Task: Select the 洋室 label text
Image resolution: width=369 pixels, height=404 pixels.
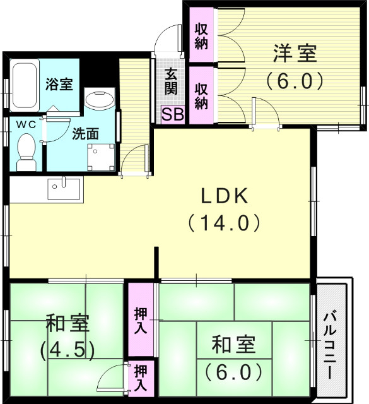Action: (295, 54)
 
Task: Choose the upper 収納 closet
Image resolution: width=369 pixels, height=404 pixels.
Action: (201, 36)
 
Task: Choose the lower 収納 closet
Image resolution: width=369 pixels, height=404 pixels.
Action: (201, 95)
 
